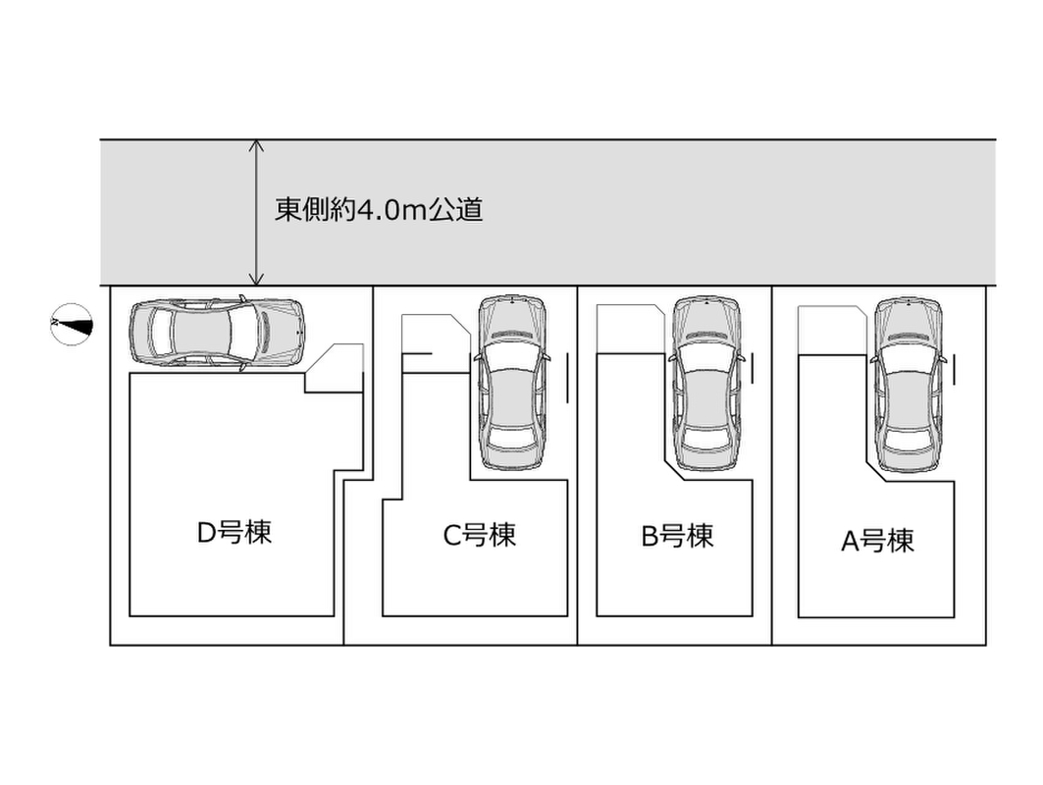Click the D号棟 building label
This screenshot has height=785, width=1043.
[234, 533]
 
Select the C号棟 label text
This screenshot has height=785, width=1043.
[479, 536]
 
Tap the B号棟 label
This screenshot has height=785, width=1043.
[677, 536]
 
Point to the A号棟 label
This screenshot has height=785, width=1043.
[877, 541]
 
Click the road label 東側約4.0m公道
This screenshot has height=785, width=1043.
[379, 209]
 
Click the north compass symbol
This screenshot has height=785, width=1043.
[73, 324]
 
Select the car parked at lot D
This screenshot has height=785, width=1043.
[217, 332]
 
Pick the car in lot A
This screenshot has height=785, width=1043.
[909, 383]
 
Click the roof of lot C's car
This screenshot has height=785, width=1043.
[511, 392]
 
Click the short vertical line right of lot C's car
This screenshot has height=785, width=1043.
[566, 379]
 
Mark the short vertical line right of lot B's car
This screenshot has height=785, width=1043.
[753, 368]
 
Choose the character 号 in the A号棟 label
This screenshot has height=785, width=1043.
[877, 541]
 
